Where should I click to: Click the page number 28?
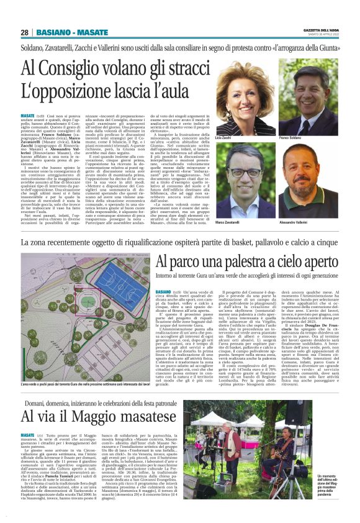click(25, 32)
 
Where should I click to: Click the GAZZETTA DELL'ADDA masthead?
click(321, 30)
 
